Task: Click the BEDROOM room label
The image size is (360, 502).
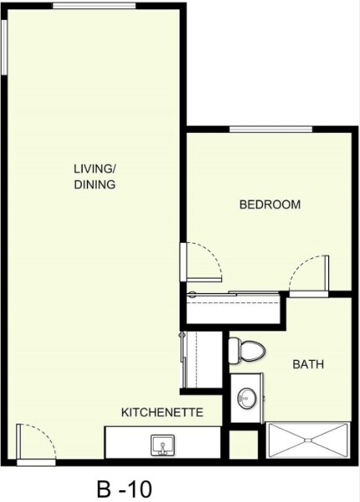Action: click(x=270, y=205)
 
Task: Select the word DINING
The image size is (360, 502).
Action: click(x=94, y=185)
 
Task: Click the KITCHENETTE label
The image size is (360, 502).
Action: click(x=163, y=413)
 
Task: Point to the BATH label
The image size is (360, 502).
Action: click(x=307, y=365)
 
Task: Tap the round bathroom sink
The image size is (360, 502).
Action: click(x=246, y=398)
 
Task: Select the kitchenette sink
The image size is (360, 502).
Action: click(x=162, y=444)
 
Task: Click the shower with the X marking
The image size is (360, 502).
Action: click(x=307, y=439)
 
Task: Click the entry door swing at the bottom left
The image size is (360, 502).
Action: click(x=36, y=443)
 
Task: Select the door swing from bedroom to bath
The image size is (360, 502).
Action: click(x=307, y=274)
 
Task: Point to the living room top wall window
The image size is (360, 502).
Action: click(x=94, y=5)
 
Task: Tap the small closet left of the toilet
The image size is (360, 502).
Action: click(x=200, y=359)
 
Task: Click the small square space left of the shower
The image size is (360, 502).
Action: click(x=245, y=444)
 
